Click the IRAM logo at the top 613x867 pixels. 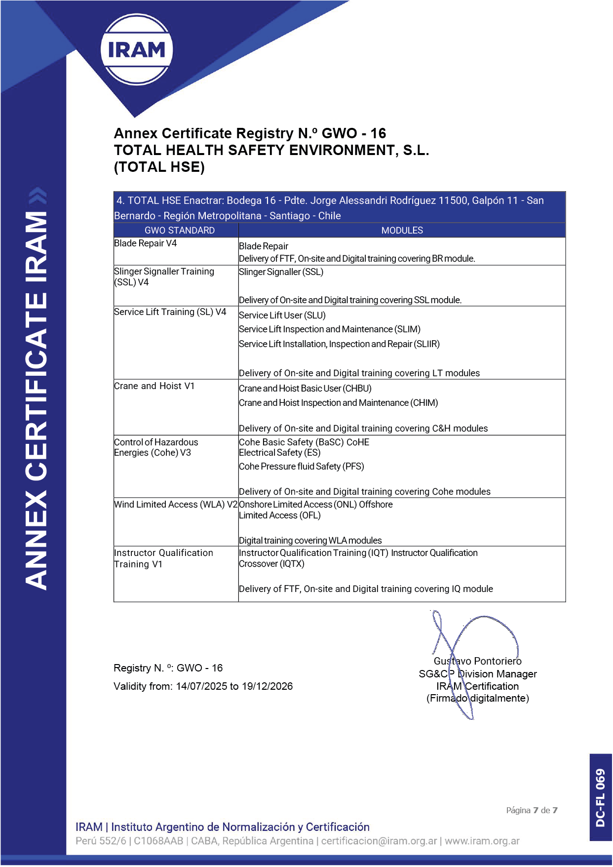tap(136, 49)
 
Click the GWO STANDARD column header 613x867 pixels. tap(180, 231)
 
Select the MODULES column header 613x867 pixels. tap(402, 231)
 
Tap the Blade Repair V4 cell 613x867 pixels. tap(146, 243)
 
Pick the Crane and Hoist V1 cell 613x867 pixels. tap(154, 386)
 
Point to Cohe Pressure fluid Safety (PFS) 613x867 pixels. tap(302, 467)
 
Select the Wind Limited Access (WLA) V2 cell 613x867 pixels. tap(176, 505)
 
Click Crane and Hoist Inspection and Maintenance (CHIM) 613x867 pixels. tap(338, 403)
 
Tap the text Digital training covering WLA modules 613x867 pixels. tap(310, 541)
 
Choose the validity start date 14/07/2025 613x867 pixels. tap(201, 686)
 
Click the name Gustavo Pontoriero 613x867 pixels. tap(477, 661)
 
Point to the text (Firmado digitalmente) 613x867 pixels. tap(477, 699)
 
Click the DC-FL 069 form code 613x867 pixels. tap(600, 797)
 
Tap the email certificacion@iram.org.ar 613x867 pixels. tap(379, 841)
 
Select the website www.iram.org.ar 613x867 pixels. tap(482, 841)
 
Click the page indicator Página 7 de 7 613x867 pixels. tap(532, 810)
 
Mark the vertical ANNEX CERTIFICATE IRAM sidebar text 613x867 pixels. tap(37, 400)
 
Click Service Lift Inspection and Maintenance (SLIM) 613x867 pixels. tap(330, 329)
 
